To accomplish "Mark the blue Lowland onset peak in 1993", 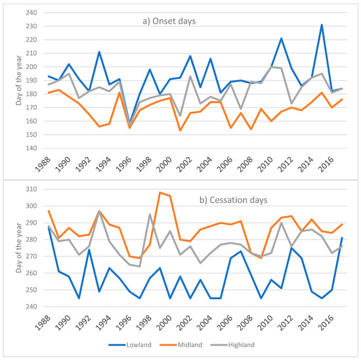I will (x=98, y=52).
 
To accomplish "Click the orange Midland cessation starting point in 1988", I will (x=48, y=211).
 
